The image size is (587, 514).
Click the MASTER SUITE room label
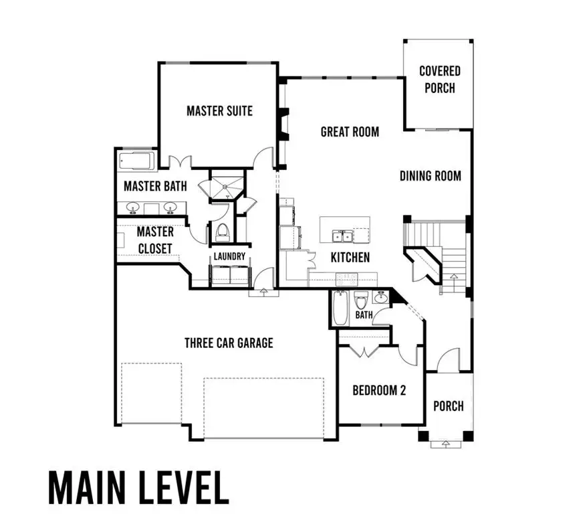coord(219,110)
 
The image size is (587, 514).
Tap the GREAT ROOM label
coord(350,131)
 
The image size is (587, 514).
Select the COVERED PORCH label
coord(439,79)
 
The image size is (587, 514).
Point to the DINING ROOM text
coord(431,176)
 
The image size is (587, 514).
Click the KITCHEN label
coord(350,257)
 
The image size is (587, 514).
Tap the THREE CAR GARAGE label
coord(229,343)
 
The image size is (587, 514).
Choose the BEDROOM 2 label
coord(379,391)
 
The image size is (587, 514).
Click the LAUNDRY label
coord(229,256)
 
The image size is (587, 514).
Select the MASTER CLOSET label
coord(155,240)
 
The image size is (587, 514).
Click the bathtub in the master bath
coord(136,161)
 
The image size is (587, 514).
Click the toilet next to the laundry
coord(222,233)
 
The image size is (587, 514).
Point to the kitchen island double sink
coord(343,235)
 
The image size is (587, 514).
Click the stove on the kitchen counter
coord(347,277)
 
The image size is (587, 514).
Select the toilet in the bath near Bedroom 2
coord(360,299)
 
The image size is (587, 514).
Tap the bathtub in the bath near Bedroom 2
coord(340,309)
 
